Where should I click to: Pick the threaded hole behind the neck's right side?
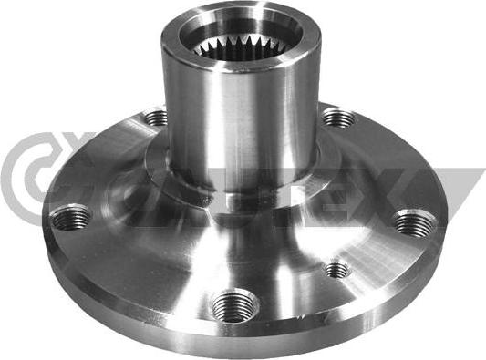(x=336, y=117)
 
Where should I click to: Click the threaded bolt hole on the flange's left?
(x=71, y=218)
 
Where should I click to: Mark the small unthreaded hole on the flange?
(x=337, y=269)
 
